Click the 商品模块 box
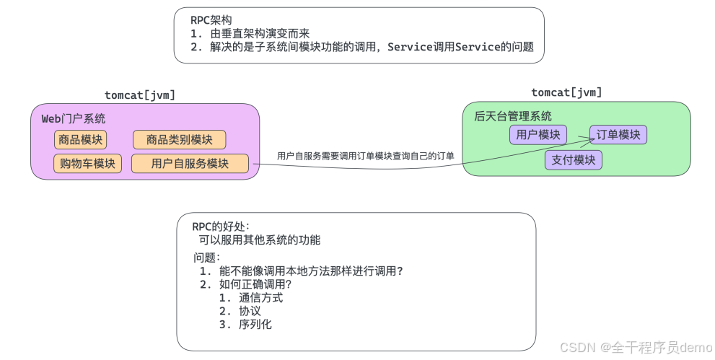tap(80, 139)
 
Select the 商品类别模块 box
tap(179, 139)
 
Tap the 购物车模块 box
tap(87, 164)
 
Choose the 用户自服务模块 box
tap(190, 164)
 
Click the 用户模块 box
tap(538, 135)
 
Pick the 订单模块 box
tap(618, 135)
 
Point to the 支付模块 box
tap(574, 159)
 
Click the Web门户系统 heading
tap(73, 118)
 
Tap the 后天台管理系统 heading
tap(513, 115)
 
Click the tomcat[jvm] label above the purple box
tap(140, 95)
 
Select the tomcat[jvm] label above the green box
tap(566, 92)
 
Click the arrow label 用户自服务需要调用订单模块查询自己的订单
tap(366, 156)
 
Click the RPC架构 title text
tap(211, 19)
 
